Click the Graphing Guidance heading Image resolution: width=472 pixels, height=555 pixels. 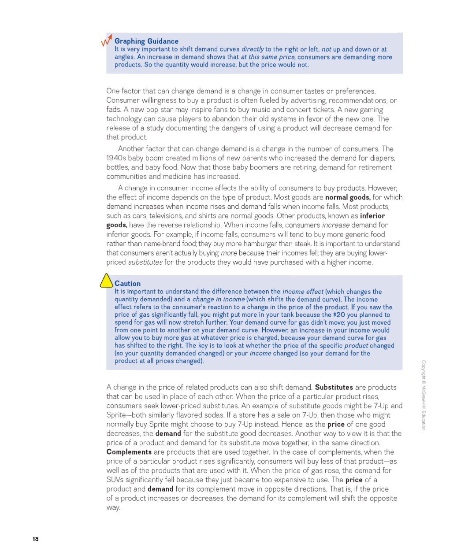click(x=146, y=41)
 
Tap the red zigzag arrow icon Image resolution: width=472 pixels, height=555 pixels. click(x=107, y=41)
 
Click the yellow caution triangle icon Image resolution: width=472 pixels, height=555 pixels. click(x=107, y=281)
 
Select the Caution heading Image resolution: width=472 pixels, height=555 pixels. click(x=127, y=284)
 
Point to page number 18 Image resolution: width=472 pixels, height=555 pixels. click(x=36, y=539)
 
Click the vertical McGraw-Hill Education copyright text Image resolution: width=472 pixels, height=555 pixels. click(x=424, y=395)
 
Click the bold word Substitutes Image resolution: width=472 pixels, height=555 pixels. click(x=334, y=387)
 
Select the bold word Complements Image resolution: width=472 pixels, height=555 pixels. click(x=129, y=452)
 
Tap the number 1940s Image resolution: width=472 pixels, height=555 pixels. click(x=116, y=158)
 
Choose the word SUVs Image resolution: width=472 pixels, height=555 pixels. click(x=115, y=480)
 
